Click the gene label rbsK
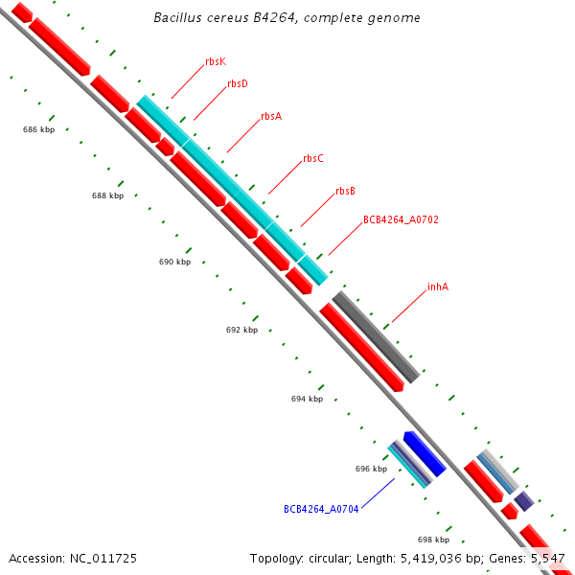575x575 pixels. coord(216,61)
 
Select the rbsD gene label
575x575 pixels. coord(238,84)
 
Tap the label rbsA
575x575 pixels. coord(271,116)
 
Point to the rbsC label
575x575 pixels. coord(313,159)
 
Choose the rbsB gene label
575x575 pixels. coord(345,192)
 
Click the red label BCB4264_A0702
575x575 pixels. coord(401,220)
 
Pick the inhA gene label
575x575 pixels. coord(438,287)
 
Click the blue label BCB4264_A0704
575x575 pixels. coord(321,509)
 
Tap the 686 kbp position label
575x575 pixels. coord(39,128)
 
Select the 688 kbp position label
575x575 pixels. coord(108,195)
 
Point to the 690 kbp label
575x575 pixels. coord(175,262)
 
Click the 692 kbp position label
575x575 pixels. coord(242,330)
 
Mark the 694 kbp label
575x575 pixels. coord(308,399)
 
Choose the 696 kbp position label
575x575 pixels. coord(371,469)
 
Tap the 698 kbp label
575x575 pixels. coord(433,540)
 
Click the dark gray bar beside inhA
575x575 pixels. coord(376,336)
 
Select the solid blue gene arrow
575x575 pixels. coord(424,453)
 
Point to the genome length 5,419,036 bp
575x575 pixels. coord(426,558)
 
